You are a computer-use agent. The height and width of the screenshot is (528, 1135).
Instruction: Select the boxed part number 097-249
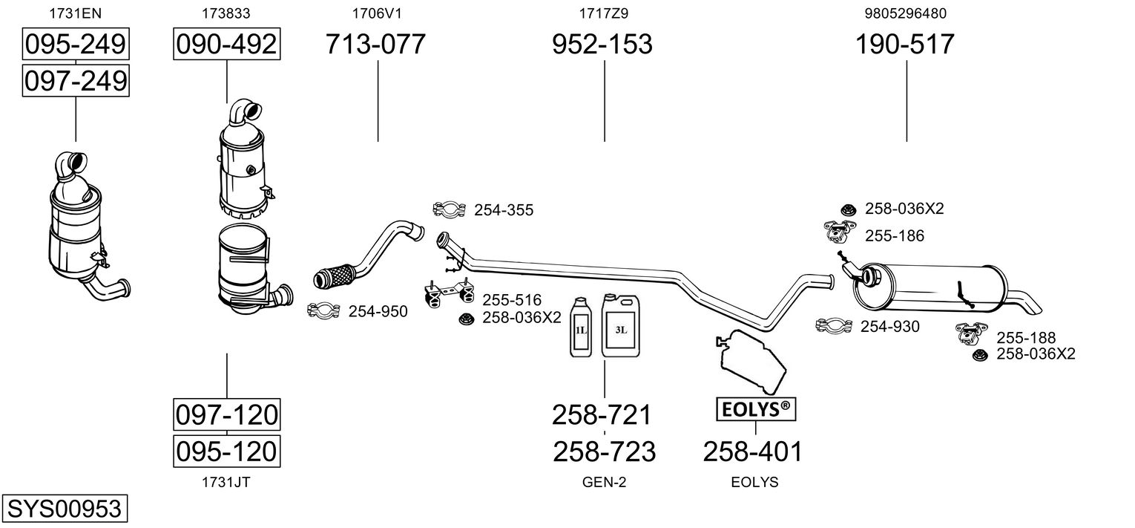point(76,80)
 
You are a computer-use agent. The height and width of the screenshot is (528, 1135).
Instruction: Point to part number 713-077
point(376,45)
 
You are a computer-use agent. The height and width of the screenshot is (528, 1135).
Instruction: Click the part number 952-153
point(602,45)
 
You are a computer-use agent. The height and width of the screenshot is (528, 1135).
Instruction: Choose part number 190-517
point(905,45)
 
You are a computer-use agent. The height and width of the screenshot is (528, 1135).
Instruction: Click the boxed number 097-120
point(226,414)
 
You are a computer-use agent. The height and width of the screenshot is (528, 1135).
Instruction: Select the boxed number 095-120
point(226,450)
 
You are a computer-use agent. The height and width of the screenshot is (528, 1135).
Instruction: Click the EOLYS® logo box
point(755,408)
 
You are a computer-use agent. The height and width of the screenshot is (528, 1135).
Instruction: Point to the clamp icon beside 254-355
point(449,211)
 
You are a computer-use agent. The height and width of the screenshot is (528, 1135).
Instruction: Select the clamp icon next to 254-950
point(323,311)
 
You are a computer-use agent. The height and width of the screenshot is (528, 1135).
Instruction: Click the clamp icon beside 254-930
point(834,326)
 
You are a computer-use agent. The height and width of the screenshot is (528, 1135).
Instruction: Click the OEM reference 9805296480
point(905,13)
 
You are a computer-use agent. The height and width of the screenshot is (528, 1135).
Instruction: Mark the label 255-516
point(512,301)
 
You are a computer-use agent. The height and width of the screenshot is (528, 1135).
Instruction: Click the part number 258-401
point(753,452)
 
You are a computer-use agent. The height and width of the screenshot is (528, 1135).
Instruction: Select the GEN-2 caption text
point(605,483)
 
